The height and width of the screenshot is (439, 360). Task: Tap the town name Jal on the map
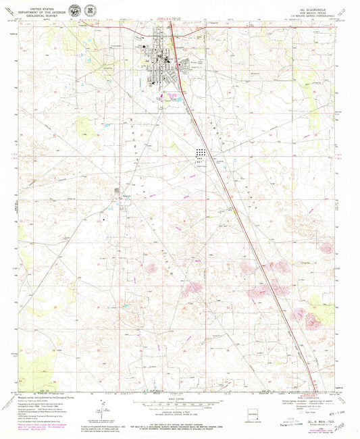tap(148, 60)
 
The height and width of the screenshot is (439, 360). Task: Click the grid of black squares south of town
tap(201, 155)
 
